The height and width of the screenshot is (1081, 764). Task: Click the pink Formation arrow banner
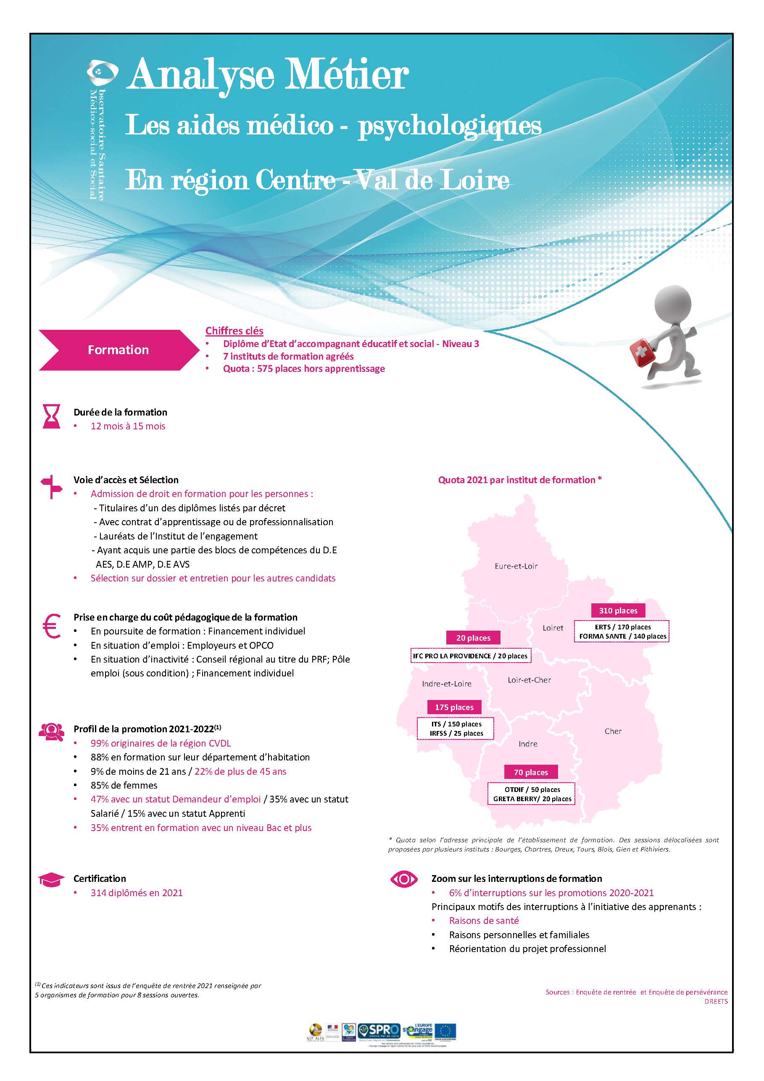(118, 350)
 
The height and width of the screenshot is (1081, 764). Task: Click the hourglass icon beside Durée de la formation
(51, 416)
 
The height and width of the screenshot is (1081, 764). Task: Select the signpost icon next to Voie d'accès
(51, 487)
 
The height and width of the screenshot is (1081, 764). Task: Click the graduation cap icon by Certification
(51, 879)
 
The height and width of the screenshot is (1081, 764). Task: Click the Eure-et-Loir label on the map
(516, 566)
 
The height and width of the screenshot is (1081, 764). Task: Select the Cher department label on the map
(613, 731)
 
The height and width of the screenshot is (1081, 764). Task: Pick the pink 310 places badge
(618, 610)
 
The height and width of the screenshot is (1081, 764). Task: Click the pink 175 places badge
(454, 707)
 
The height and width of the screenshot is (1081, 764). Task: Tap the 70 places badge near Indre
(531, 772)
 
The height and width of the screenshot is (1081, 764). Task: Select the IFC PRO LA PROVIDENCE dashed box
(471, 656)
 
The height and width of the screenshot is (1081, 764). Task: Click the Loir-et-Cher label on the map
(529, 680)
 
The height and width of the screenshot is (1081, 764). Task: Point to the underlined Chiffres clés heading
(234, 331)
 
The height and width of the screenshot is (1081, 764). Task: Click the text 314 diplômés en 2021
(137, 893)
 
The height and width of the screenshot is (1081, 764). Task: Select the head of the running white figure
(673, 304)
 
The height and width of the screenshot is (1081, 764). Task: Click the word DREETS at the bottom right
(716, 1002)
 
